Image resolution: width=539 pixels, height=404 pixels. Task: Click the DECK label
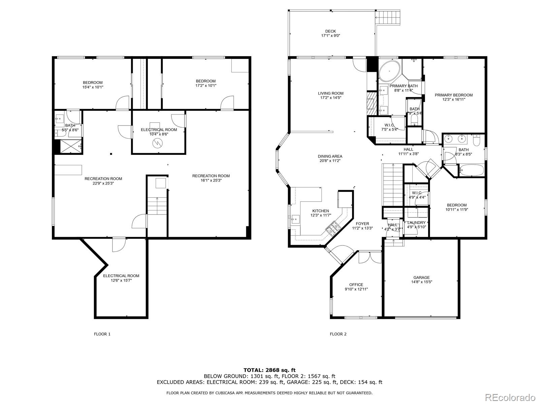coord(330,31)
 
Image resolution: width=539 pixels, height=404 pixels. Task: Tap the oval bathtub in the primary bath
coord(389,71)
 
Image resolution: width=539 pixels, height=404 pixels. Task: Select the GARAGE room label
coord(421,277)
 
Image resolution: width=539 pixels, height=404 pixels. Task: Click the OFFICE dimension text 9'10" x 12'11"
coord(356,289)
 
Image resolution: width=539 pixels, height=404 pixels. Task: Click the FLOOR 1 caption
coord(102,334)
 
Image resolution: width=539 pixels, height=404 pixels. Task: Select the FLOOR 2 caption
coord(338,334)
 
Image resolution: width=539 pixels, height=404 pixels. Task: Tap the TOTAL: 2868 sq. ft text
coord(269,370)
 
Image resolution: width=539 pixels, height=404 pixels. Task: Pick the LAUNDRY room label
coord(416,223)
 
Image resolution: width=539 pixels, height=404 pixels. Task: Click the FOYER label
coord(362,224)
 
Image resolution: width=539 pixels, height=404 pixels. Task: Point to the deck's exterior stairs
coord(390,17)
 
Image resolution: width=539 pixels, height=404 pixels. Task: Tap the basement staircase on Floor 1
coord(157,205)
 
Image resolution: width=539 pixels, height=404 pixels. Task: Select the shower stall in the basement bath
coord(69,146)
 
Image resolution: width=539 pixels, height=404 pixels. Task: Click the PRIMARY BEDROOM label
coord(453,95)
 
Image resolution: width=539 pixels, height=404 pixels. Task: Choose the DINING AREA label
coord(330,156)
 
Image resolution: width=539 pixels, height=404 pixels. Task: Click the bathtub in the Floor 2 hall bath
coord(470,170)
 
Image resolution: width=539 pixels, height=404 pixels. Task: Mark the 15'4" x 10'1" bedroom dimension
coord(93,87)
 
